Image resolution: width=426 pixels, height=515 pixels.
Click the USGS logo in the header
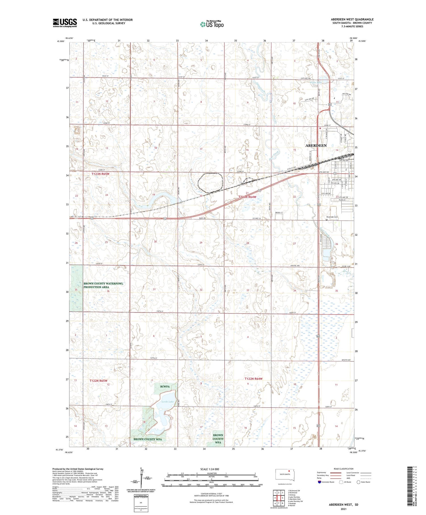[65, 23]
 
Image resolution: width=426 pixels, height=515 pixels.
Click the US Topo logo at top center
[212, 24]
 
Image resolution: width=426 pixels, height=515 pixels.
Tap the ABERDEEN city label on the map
[316, 145]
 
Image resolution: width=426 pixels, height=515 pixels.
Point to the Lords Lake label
[168, 402]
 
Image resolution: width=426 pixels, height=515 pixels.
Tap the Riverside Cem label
[332, 217]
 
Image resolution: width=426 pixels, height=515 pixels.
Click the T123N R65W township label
[100, 174]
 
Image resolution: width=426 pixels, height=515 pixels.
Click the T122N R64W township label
[253, 379]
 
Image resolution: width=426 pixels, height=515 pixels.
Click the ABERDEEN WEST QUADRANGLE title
[352, 19]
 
